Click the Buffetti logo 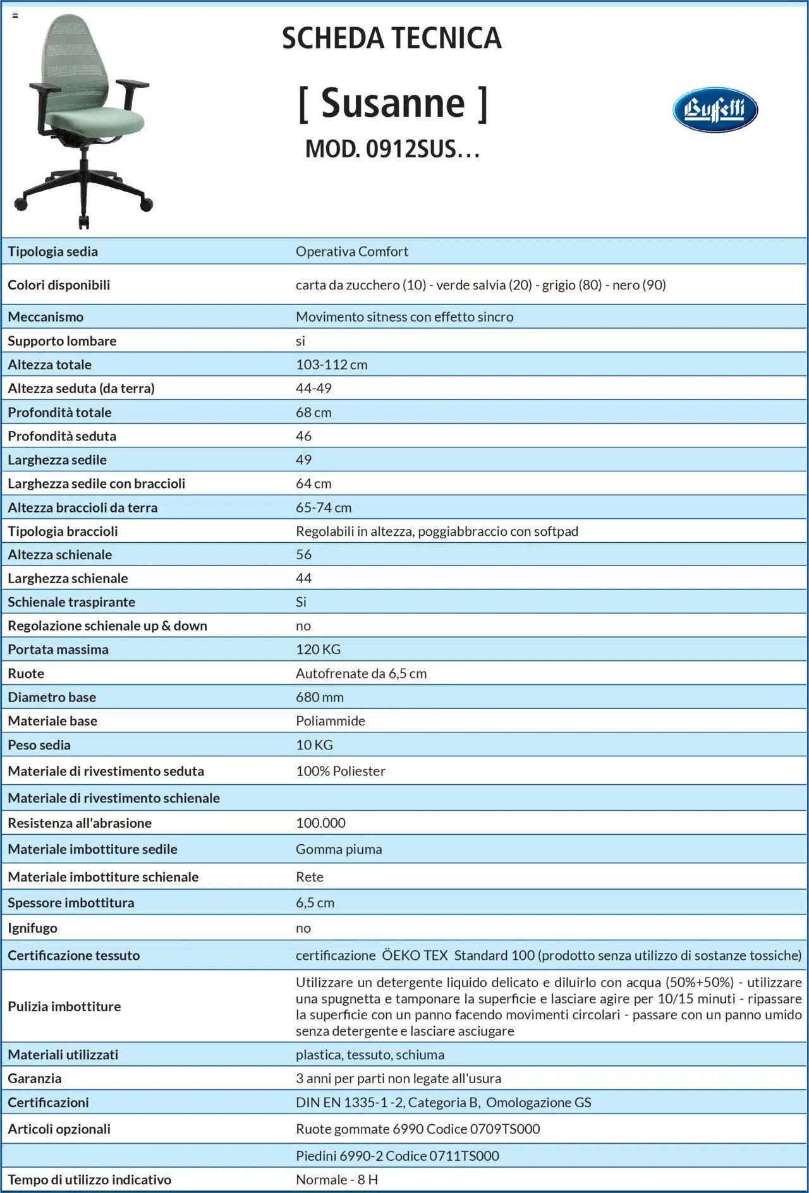(x=715, y=110)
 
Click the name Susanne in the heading (x=392, y=103)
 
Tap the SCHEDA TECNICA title (x=391, y=38)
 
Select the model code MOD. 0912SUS (x=392, y=149)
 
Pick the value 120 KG (x=318, y=649)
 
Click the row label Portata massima (x=58, y=649)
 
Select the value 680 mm (x=320, y=697)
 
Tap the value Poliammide (x=331, y=720)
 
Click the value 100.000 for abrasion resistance (x=320, y=823)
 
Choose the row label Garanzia (x=35, y=1078)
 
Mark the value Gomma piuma (x=339, y=849)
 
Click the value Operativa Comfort (x=352, y=251)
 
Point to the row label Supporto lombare (x=62, y=341)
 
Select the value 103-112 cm (x=331, y=365)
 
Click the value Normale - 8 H (x=337, y=1180)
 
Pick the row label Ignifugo (x=32, y=928)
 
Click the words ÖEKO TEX (x=415, y=955)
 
